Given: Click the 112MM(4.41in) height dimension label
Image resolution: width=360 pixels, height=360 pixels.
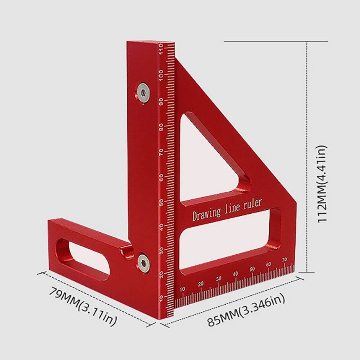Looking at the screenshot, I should coord(323,184).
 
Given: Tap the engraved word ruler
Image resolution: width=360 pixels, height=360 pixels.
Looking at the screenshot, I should coord(253,204).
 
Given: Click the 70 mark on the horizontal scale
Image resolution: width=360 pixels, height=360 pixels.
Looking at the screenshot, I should coord(284,260).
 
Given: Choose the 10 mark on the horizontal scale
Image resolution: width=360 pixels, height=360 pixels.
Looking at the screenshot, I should coord(182,289).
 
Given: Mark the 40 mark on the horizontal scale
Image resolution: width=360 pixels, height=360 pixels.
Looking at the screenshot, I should coord(235,274).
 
